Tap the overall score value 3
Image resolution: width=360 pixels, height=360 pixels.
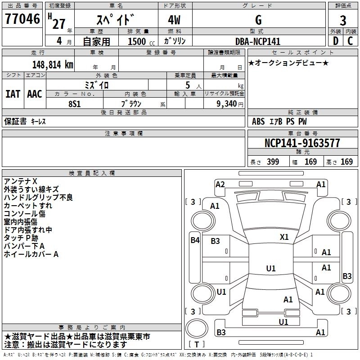343,21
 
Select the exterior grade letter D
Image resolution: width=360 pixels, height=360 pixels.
335,40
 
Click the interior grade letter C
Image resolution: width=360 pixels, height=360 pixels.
350,40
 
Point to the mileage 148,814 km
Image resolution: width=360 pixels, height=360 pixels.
53,64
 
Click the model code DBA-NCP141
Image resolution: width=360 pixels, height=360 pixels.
258,41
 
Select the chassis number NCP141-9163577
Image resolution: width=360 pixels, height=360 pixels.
302,143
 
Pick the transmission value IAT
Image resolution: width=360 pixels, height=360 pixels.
13,94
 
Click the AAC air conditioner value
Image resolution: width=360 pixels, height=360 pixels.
35,94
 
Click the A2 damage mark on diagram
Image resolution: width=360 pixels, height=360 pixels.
220,184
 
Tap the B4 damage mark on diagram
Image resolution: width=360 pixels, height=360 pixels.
194,240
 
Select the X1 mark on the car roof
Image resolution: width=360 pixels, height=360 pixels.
284,237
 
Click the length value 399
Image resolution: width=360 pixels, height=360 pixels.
273,162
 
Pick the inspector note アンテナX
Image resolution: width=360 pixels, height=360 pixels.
21,181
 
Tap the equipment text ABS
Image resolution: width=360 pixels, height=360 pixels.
258,121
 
